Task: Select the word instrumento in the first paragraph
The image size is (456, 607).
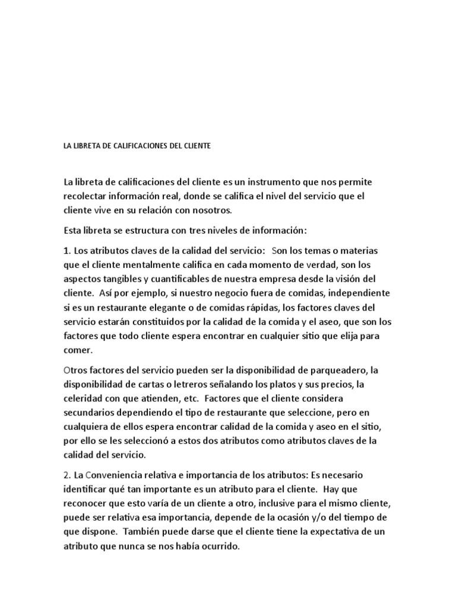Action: [281, 181]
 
